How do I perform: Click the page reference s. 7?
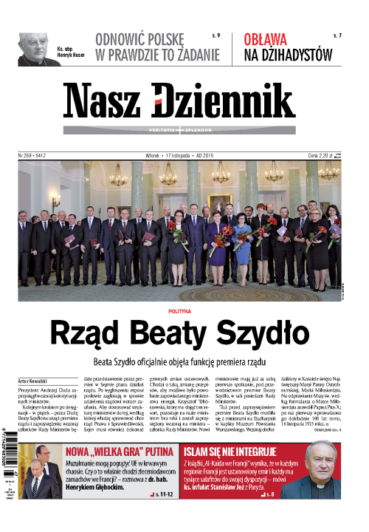pos(337,35)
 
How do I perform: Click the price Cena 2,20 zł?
pos(327,156)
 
